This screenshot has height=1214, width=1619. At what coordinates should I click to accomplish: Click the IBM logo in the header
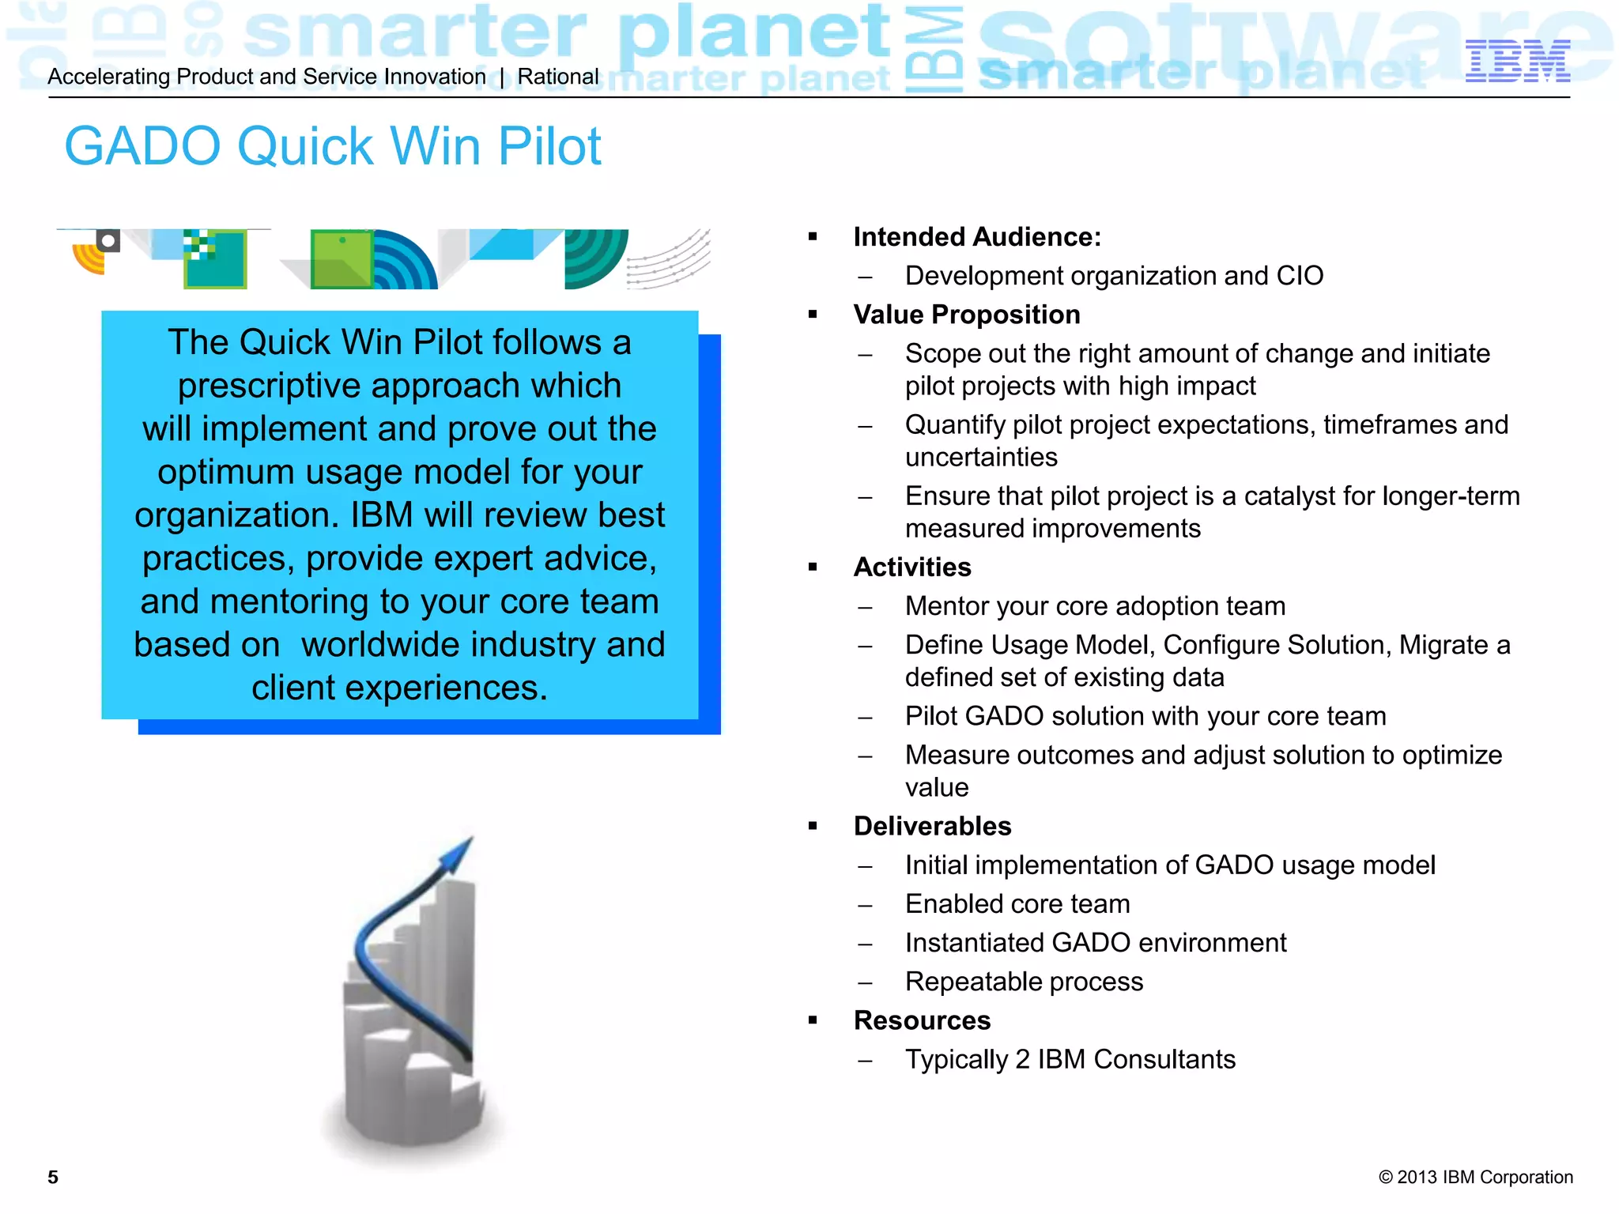pos(1517,61)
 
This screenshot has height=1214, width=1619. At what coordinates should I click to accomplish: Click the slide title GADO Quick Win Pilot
pos(332,146)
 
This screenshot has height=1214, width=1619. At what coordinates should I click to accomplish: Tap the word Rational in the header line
pos(558,77)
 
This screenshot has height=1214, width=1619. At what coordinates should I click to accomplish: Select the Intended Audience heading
pos(976,236)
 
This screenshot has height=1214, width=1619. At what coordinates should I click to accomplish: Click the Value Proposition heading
pos(966,315)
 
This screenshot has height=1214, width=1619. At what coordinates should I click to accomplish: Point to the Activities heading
pos(911,567)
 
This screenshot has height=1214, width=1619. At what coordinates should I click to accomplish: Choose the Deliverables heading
pos(932,826)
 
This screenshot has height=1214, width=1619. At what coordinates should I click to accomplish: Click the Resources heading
pos(922,1020)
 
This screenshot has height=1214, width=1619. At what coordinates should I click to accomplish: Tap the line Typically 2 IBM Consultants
pos(1070,1059)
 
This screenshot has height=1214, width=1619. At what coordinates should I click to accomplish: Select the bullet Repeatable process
pos(1024,982)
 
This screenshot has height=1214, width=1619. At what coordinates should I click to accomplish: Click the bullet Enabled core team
pos(1017,903)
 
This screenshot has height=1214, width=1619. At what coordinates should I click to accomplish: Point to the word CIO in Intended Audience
pos(1299,276)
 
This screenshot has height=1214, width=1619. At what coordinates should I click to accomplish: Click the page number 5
pos(53,1177)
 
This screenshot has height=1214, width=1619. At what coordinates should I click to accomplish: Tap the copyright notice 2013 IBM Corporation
pos(1475,1177)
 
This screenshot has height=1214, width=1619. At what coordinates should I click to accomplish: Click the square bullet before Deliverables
pos(813,826)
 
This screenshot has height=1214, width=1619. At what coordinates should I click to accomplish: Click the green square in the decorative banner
pos(341,258)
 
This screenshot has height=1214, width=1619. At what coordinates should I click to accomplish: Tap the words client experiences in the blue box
pos(399,688)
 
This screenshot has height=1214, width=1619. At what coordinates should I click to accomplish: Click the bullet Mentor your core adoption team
pos(1095,606)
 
